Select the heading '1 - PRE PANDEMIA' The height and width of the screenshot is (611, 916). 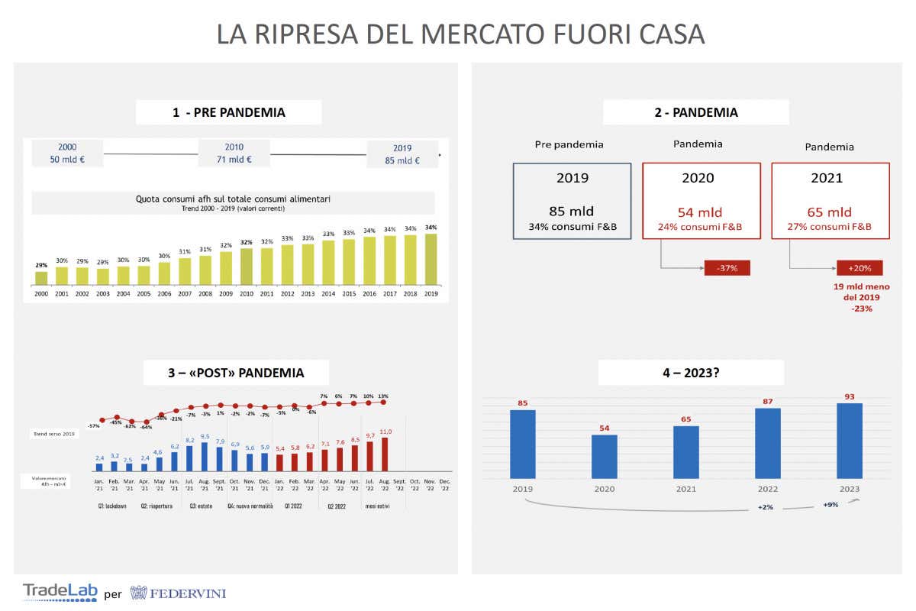tap(228, 112)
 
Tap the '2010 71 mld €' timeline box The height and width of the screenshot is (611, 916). tap(234, 154)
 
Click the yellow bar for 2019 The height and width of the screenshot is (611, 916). tap(431, 259)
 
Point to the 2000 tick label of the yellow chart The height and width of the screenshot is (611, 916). tap(41, 293)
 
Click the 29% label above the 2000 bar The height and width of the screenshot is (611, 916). tap(41, 265)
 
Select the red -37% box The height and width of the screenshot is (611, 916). tap(726, 268)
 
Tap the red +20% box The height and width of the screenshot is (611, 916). tap(859, 268)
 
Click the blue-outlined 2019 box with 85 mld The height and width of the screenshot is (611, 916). tap(572, 202)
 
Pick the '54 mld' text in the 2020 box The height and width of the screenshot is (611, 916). tap(701, 212)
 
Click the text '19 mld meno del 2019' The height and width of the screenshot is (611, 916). tap(860, 292)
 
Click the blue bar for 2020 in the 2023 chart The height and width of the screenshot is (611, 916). tap(605, 456)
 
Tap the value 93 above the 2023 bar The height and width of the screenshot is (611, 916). tap(849, 396)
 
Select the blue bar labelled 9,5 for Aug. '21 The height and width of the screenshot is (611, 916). tap(205, 456)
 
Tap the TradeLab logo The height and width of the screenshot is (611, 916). tap(60, 592)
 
